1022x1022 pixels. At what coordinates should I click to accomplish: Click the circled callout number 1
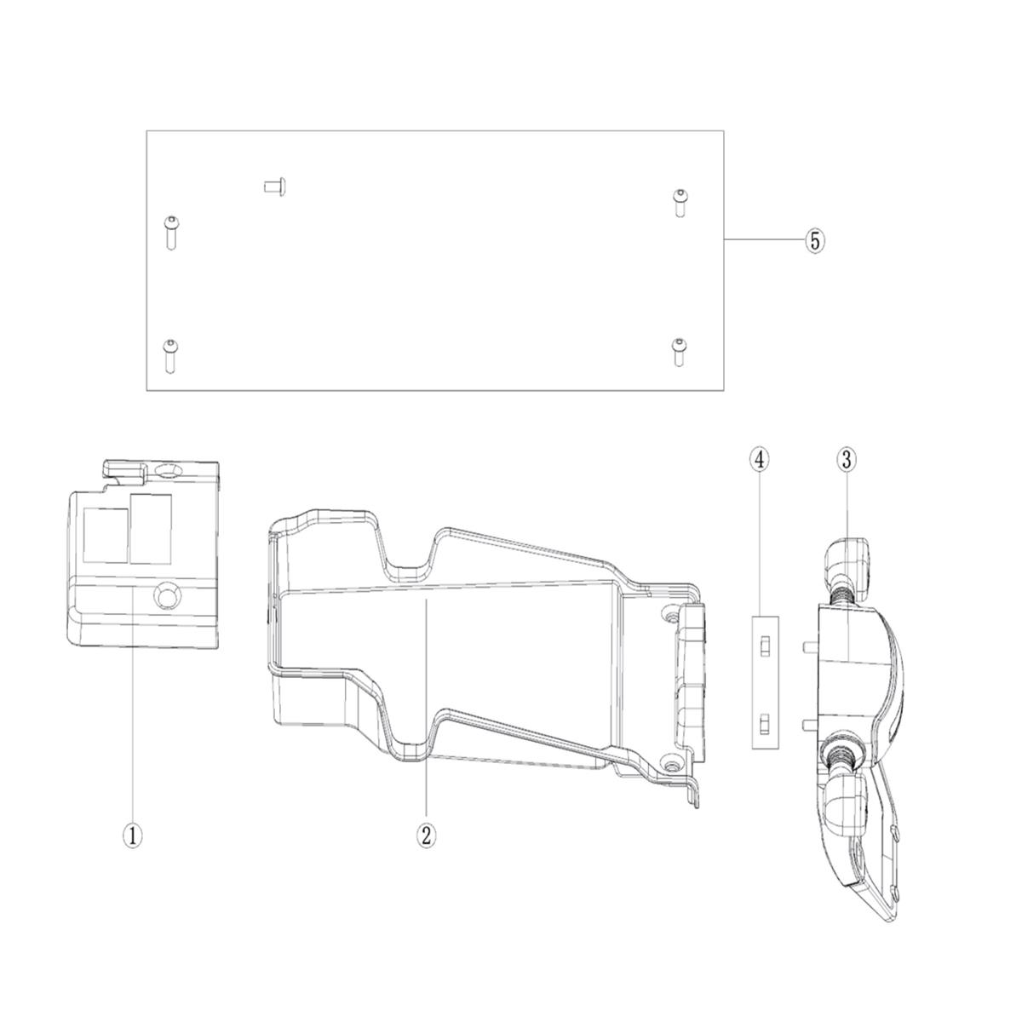132,836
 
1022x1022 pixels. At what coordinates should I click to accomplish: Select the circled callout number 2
426,836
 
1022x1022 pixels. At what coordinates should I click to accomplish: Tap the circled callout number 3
846,460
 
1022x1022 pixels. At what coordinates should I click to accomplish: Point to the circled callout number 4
760,460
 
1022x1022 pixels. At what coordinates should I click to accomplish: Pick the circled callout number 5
815,241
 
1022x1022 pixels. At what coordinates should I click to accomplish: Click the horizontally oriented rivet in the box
275,187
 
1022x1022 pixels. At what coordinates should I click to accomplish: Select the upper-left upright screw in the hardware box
171,233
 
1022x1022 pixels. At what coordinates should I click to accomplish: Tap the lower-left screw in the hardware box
170,356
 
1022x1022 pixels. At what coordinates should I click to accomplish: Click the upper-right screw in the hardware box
679,204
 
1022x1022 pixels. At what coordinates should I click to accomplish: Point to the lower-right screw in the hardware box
678,352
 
